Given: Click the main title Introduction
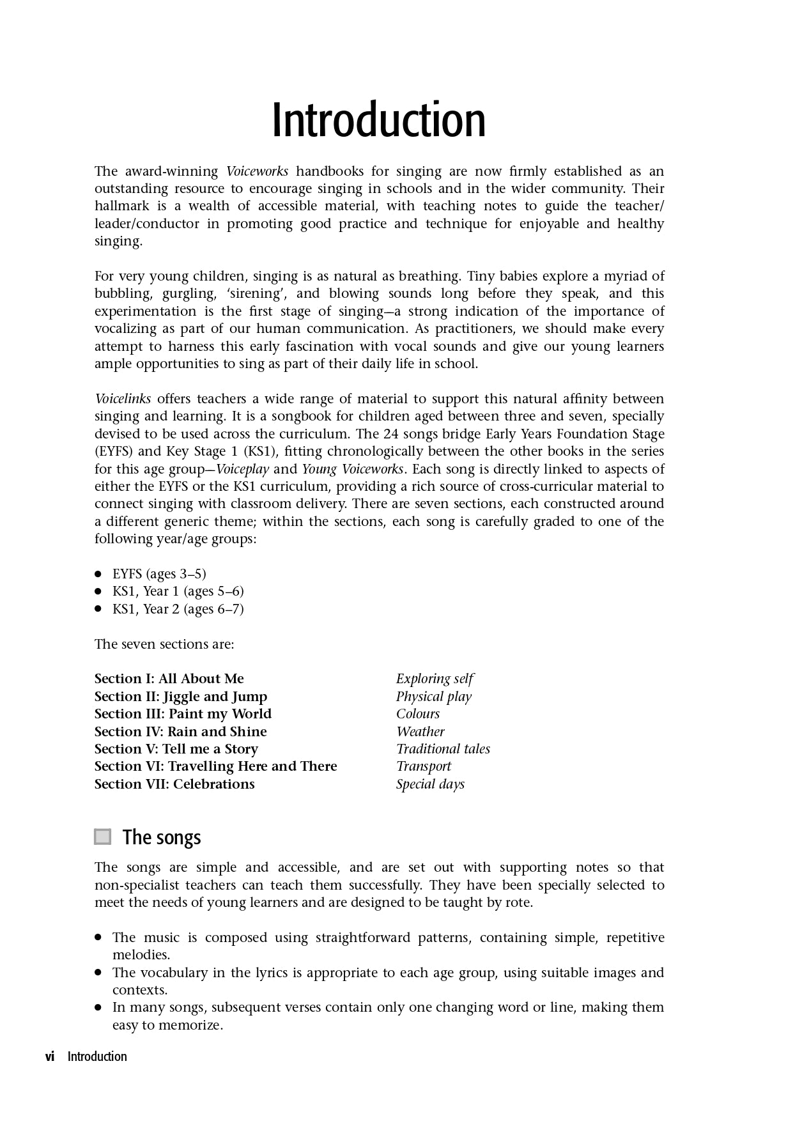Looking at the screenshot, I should [x=378, y=120].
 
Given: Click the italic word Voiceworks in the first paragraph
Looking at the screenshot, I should [x=257, y=171].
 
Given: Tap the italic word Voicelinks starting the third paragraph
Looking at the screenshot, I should [x=123, y=399].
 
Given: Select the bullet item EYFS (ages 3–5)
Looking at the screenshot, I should [x=159, y=574].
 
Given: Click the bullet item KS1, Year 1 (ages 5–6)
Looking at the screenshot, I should [x=178, y=591].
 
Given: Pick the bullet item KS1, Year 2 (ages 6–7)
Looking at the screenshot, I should [x=178, y=609].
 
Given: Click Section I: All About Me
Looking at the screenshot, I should [x=169, y=679].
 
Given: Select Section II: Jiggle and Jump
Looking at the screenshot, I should [x=181, y=697].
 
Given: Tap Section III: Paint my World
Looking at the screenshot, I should [x=183, y=714].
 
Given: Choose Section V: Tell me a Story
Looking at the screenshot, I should [x=176, y=749].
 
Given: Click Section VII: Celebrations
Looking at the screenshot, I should [x=174, y=784].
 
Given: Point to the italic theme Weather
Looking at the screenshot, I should [x=420, y=732].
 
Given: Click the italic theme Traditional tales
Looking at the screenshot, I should [x=443, y=749].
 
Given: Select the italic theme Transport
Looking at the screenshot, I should [x=423, y=766].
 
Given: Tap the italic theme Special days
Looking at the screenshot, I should [x=430, y=784].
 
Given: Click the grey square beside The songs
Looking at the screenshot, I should [x=103, y=837].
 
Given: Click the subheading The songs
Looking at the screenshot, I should [x=162, y=837].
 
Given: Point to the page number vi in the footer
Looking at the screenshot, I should [x=50, y=1056].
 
